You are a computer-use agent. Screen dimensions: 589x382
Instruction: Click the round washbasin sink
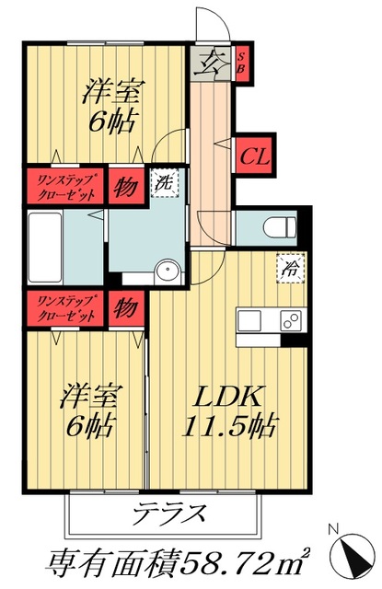tap(167, 271)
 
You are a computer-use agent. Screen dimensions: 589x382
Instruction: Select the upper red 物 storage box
tap(126, 184)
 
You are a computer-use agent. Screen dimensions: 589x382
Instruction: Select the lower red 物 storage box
tap(126, 307)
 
